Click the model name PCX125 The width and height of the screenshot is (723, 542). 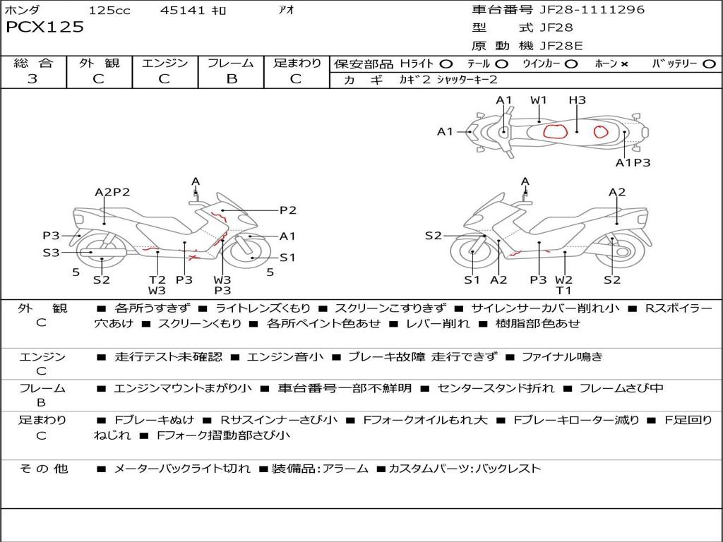tap(44, 28)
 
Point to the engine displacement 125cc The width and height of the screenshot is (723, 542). tap(109, 11)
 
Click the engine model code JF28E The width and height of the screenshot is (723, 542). tap(561, 46)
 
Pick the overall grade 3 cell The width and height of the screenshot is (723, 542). tap(32, 79)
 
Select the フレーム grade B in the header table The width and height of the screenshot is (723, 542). tap(231, 79)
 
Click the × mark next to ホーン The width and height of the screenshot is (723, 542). tap(624, 64)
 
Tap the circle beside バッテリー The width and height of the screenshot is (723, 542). tap(709, 64)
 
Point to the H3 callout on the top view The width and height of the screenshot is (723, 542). tap(577, 100)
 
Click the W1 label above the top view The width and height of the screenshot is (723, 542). tap(539, 100)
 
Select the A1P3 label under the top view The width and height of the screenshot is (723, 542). tap(633, 162)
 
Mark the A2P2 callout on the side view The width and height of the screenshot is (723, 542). tap(112, 192)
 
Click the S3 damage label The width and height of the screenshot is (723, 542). tap(51, 252)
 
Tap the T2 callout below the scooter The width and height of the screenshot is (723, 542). tap(157, 279)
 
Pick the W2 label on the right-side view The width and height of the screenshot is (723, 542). tap(563, 279)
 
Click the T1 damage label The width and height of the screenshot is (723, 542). tap(563, 290)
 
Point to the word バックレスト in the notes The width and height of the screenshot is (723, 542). tap(512, 468)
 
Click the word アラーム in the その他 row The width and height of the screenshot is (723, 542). tap(346, 468)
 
